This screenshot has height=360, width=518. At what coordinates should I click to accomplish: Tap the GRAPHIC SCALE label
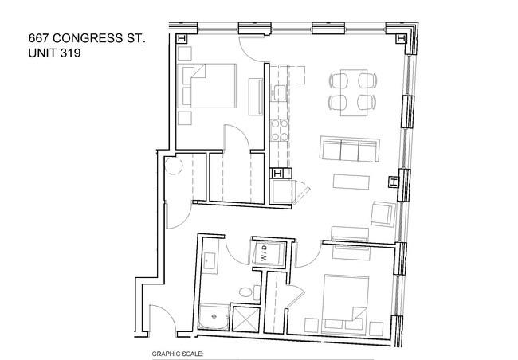click(x=178, y=354)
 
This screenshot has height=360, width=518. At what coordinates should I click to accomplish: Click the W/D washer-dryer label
click(x=265, y=252)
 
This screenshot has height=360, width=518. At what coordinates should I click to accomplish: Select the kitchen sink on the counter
click(x=279, y=93)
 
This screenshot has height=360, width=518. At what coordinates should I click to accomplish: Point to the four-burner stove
click(x=280, y=131)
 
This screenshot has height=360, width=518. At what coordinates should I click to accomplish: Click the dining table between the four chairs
click(x=354, y=93)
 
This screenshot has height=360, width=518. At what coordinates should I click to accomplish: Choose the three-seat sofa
click(x=350, y=149)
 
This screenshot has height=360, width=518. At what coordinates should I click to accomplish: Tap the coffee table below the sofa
click(x=351, y=182)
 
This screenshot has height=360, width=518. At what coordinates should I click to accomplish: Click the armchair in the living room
click(x=383, y=214)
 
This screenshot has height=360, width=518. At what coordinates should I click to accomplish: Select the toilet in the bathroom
click(x=249, y=292)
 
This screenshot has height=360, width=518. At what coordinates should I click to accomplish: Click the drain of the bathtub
click(x=214, y=316)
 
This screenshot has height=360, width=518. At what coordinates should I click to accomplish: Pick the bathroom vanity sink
click(x=209, y=261)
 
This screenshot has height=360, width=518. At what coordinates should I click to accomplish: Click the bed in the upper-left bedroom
click(x=207, y=86)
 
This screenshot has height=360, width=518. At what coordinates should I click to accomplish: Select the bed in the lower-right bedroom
click(x=345, y=304)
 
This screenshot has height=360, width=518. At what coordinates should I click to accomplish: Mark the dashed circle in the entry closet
click(x=174, y=166)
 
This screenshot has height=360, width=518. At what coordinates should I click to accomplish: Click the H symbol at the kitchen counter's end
click(x=277, y=174)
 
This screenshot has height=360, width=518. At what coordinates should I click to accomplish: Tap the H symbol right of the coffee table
click(x=394, y=182)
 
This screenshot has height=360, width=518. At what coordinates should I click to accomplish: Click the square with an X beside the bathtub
click(x=246, y=319)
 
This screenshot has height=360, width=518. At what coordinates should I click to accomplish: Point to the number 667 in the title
click(x=39, y=38)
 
